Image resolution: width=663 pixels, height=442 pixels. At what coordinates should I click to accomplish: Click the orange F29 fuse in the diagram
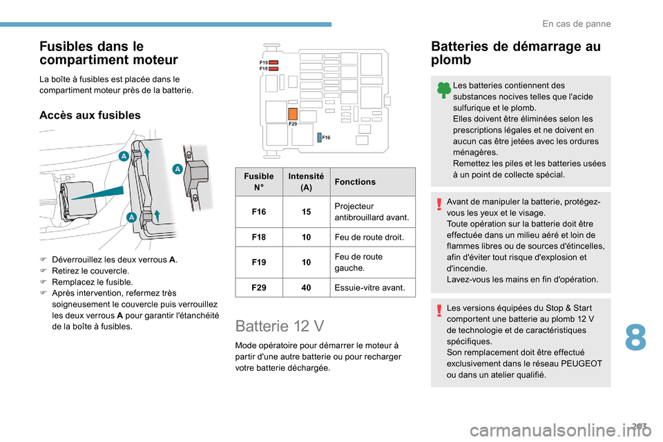(x=293, y=114)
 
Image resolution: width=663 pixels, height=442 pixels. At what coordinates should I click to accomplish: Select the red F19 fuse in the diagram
(x=273, y=62)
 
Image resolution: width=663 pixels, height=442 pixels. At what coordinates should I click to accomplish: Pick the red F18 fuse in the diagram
(x=273, y=69)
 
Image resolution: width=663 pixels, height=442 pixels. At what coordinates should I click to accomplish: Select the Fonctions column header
(x=353, y=182)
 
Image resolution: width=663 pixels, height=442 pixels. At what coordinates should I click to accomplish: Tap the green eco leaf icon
(x=445, y=89)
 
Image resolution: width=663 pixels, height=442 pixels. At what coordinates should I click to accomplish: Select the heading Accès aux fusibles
(x=90, y=115)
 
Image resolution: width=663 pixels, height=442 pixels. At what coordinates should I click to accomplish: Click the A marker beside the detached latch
(x=177, y=169)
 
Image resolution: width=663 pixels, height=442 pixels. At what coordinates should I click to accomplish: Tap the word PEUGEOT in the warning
(x=582, y=363)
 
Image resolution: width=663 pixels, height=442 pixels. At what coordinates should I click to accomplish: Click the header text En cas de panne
(x=577, y=23)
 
